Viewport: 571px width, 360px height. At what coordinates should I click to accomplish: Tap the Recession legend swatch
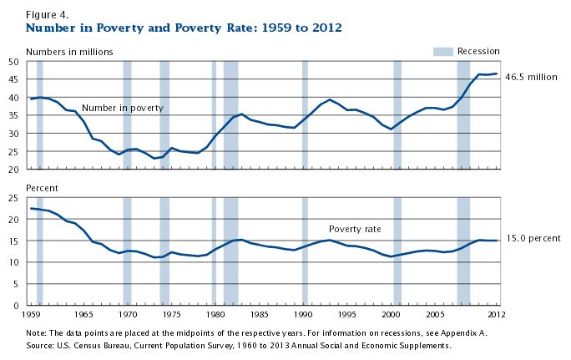tap(442, 52)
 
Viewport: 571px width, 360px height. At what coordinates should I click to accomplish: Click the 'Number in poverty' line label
tap(123, 108)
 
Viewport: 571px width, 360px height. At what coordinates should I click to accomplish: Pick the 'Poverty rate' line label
tap(355, 229)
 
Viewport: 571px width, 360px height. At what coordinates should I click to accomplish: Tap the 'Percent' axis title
tap(43, 188)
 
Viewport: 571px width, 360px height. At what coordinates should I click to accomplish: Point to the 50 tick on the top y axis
tap(13, 62)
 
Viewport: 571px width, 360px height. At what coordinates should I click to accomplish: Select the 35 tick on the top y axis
tap(13, 115)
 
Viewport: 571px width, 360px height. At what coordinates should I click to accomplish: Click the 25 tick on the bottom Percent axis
tap(13, 198)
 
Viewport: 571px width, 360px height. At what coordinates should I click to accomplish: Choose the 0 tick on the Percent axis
tap(17, 306)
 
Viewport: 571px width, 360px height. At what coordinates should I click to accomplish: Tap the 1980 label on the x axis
tap(216, 316)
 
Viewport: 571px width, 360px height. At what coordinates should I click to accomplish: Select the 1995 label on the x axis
tap(348, 316)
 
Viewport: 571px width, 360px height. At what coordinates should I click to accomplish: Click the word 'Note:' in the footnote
tap(38, 332)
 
